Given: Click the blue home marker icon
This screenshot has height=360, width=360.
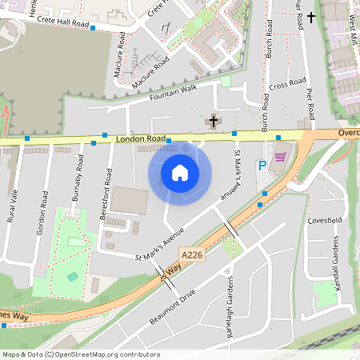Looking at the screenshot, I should (180, 172).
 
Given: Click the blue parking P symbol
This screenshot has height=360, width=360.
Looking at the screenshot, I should (262, 166).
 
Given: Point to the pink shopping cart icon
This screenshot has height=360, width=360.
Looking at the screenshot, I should (279, 157).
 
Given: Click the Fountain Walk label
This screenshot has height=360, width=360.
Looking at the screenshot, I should (173, 93).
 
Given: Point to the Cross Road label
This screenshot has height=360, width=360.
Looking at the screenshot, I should (288, 83).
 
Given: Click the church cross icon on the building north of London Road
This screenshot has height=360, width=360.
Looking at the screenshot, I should (213, 122).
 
